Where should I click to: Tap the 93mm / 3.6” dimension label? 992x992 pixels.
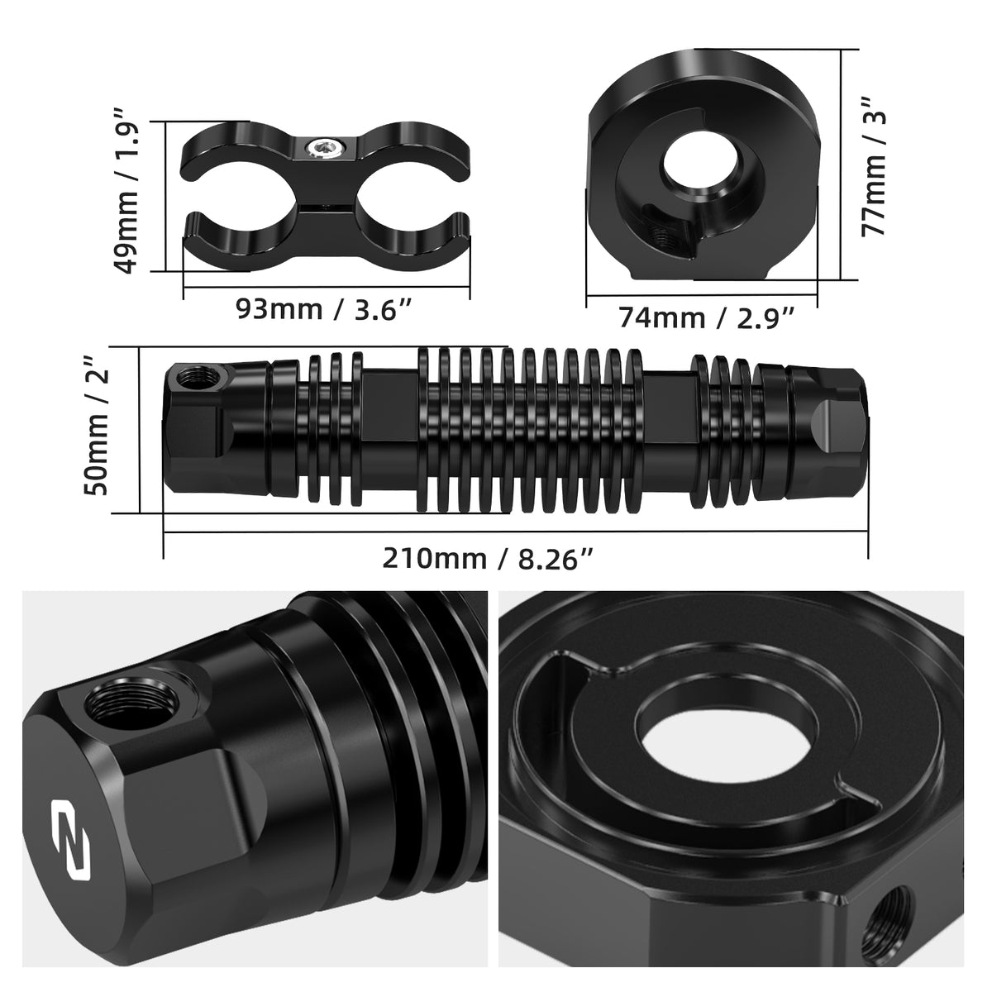[x=325, y=309]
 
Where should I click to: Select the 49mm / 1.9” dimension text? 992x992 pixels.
[x=126, y=191]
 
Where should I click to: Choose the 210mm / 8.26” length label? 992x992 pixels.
[x=488, y=559]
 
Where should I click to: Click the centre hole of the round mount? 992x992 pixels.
[x=701, y=167]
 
